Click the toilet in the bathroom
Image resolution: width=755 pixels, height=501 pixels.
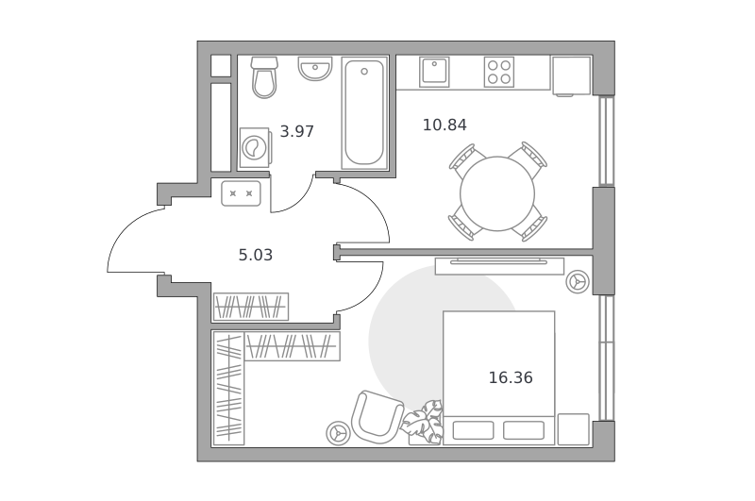click(264, 77)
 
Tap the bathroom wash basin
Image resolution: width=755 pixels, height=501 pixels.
click(315, 68)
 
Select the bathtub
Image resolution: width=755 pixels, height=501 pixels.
click(364, 112)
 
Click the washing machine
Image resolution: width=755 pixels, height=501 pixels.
click(255, 147)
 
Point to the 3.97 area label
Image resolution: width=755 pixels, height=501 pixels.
click(297, 131)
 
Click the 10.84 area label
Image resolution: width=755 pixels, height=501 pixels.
click(445, 125)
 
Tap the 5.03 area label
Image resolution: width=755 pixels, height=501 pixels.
click(256, 255)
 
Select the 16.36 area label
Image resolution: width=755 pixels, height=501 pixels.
click(511, 377)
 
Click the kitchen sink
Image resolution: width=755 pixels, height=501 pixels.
click(434, 72)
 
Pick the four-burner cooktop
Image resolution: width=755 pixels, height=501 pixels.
click(499, 72)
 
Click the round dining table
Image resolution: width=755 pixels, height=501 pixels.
click(497, 193)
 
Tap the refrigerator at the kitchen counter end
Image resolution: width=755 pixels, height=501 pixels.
click(571, 76)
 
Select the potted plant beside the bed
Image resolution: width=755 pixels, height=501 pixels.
click(424, 422)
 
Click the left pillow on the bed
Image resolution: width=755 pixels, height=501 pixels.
click(474, 430)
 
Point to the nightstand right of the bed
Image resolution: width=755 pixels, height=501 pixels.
click(574, 429)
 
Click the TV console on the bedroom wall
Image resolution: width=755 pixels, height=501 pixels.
click(499, 266)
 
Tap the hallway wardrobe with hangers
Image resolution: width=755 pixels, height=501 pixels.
click(251, 307)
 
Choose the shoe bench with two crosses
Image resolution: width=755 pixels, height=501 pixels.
click(241, 193)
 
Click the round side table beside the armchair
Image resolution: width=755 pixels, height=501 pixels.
click(339, 433)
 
